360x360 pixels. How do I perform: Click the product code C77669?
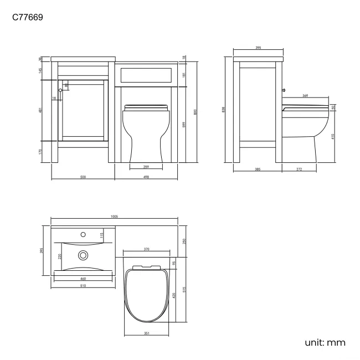point(28,17)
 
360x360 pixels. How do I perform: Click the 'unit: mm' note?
point(325,342)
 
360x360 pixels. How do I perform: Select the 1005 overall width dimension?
point(114,217)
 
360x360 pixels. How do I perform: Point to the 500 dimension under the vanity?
point(83,177)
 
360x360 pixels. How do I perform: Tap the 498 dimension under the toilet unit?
point(146,177)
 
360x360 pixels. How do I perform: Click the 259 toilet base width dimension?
point(146,167)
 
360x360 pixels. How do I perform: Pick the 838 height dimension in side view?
point(223,110)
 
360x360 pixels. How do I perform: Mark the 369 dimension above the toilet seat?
point(305,96)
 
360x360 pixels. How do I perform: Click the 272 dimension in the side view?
point(299,169)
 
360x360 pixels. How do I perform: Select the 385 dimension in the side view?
point(258,169)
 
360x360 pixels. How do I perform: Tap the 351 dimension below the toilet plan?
point(146,333)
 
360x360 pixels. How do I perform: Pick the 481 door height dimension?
point(41,110)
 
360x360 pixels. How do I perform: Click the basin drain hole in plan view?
point(84,255)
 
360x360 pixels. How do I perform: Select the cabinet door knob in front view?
point(60,90)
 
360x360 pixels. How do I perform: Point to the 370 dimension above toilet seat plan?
point(146,250)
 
